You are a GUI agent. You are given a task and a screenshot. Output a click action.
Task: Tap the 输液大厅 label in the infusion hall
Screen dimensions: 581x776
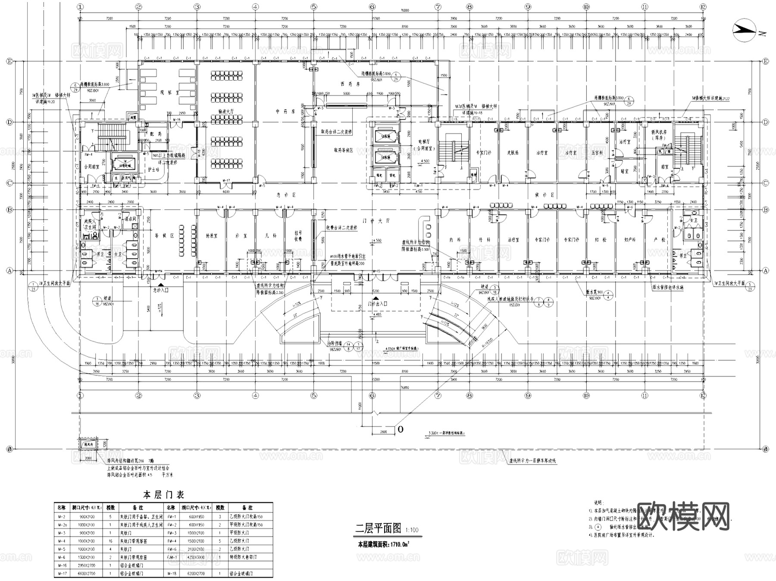pos(225,111)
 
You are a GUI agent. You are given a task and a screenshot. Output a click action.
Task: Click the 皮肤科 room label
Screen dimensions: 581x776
pos(513,153)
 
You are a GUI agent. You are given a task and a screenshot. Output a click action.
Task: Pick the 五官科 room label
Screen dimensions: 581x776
pos(597,153)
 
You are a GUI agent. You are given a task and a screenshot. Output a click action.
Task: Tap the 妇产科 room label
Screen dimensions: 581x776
pos(630,239)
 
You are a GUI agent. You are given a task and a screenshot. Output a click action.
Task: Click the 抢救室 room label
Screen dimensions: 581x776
pos(211,236)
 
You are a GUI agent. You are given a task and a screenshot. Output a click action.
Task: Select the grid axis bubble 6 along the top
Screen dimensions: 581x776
pos(372,7)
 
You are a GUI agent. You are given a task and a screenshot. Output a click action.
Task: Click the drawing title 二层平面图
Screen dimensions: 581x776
pos(378,528)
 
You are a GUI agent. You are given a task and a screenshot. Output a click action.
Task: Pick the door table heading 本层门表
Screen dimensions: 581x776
pos(163,494)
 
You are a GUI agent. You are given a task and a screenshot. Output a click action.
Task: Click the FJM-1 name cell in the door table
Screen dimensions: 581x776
pos(172,557)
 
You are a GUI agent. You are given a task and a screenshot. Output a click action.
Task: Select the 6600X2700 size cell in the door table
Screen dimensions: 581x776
pos(87,574)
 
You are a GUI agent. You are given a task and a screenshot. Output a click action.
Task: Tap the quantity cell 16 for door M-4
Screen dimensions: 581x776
pos(110,541)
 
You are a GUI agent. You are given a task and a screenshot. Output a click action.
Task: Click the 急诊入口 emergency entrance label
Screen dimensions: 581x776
pos(160,291)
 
